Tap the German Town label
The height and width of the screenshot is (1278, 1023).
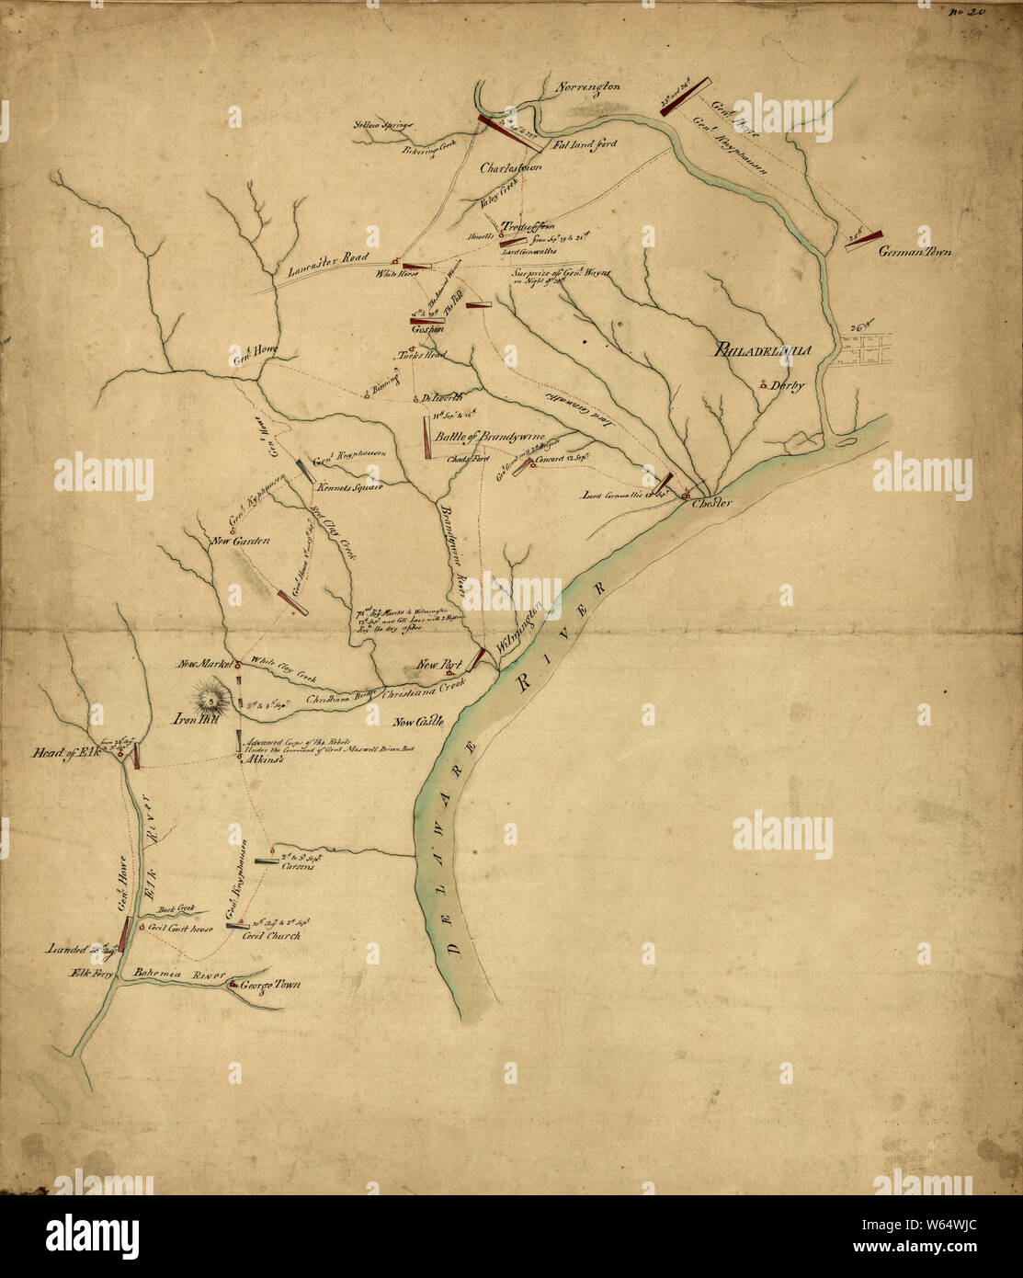(x=915, y=252)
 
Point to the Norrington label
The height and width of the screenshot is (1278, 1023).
(x=589, y=88)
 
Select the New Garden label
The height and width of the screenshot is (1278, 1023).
(x=240, y=542)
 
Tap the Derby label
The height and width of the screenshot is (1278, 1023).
(x=788, y=386)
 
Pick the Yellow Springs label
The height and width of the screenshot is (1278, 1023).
(x=385, y=124)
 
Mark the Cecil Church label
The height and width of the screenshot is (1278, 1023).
(x=271, y=935)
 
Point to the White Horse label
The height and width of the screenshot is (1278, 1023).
(x=395, y=273)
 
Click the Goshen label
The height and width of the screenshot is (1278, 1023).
(x=428, y=329)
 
